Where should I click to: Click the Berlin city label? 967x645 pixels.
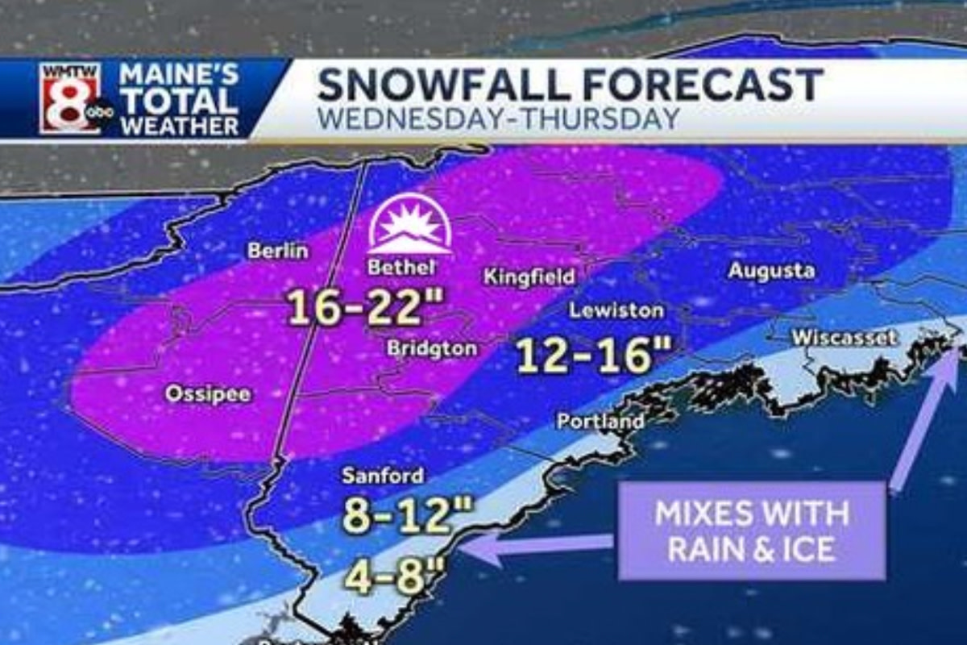point(277,251)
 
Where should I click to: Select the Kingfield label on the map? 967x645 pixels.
point(529,277)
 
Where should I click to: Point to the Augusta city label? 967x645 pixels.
point(771,271)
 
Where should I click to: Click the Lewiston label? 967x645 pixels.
point(616,310)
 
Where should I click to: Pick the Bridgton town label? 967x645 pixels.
point(432,349)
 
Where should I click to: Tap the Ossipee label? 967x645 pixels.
point(207,394)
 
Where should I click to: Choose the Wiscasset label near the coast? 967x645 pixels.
point(845,338)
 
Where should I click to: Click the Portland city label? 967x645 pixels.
point(600,421)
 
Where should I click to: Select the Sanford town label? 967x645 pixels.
point(382,476)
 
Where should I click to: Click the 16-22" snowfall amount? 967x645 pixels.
point(367,307)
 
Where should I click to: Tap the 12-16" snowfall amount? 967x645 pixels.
point(583,355)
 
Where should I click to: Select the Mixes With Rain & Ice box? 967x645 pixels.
point(751,531)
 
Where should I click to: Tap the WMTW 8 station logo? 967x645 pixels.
point(72,98)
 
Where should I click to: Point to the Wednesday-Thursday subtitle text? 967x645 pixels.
point(497,119)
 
